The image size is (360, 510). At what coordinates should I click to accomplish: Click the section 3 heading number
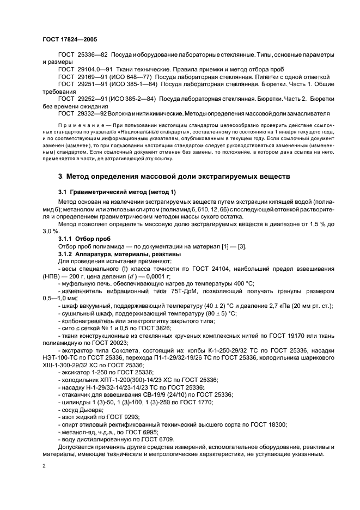[x=60, y=177]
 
